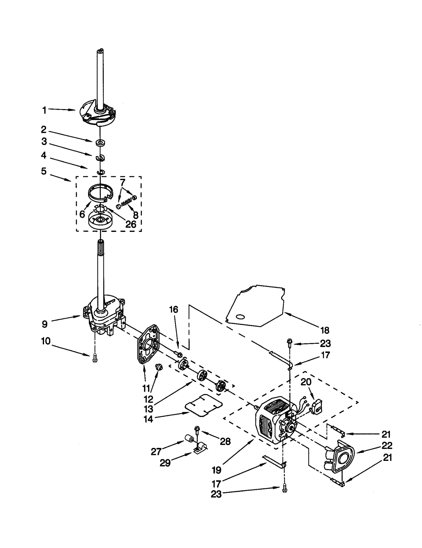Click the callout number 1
[x=44, y=110]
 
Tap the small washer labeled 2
[x=100, y=143]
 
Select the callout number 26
[x=131, y=224]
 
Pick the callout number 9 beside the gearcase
[x=45, y=324]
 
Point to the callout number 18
[x=325, y=330]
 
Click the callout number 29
[x=165, y=463]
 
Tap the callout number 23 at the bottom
[x=216, y=494]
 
